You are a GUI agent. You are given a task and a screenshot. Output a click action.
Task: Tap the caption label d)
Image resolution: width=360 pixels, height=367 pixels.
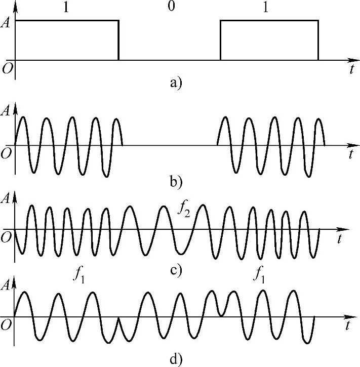click(x=176, y=360)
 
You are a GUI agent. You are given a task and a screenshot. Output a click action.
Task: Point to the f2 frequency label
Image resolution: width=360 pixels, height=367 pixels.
click(x=184, y=208)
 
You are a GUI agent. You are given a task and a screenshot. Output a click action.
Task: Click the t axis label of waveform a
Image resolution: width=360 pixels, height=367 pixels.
click(x=350, y=70)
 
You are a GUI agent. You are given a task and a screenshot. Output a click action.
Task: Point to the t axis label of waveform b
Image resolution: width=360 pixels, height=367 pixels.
click(x=350, y=155)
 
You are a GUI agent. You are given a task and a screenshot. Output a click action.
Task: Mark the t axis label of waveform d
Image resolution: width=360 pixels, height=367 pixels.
click(x=350, y=327)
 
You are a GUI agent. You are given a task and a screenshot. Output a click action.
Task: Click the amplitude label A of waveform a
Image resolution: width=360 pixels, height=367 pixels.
click(x=7, y=22)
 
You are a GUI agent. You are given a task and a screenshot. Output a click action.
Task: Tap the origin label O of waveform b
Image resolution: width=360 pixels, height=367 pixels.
click(x=7, y=153)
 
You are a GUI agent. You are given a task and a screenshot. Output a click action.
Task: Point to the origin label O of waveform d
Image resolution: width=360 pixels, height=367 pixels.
click(x=7, y=323)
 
